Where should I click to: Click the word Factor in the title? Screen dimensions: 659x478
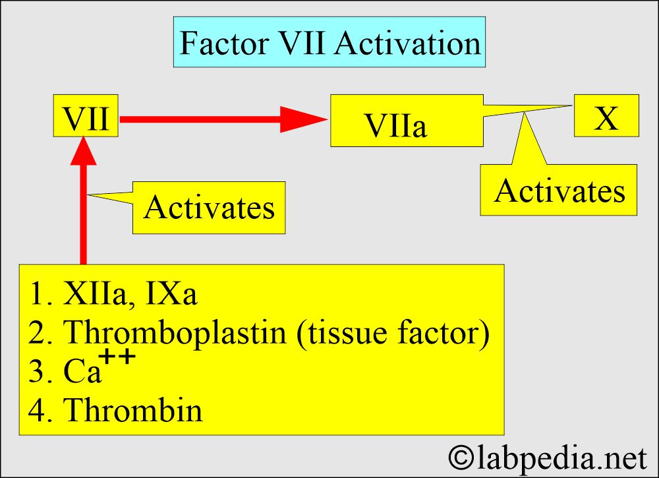click(225, 43)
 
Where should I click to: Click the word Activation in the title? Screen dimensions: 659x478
click(408, 43)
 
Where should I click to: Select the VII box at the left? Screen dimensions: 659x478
click(86, 115)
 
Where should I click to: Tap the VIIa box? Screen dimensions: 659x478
click(407, 121)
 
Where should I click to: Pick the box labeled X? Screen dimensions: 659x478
click(606, 115)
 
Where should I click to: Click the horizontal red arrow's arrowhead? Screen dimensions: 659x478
click(303, 119)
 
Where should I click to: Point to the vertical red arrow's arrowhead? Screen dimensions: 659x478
click(84, 150)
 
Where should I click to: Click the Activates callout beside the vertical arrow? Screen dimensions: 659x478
click(209, 208)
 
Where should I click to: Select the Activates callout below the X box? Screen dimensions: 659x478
click(559, 190)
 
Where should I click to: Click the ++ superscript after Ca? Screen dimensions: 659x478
click(119, 358)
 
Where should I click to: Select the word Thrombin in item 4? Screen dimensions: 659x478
click(133, 409)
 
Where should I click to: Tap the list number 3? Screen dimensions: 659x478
click(37, 371)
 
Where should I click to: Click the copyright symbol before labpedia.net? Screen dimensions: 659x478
click(461, 457)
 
